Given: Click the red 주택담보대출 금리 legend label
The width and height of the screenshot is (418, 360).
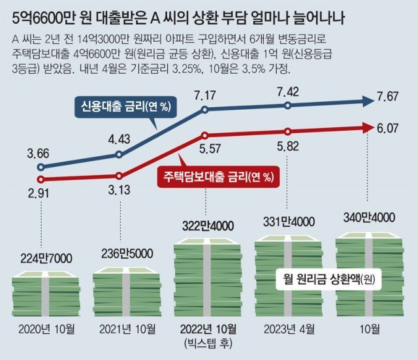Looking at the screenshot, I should pos(217,176).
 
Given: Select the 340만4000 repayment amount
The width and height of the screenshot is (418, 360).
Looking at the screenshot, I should pos(370,217).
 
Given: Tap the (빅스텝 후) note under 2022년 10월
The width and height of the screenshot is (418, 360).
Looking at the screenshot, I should pos(208,343).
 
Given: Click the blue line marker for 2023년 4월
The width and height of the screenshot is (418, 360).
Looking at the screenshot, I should pos(289,106).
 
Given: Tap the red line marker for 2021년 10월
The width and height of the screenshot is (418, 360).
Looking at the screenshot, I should pos(120,176).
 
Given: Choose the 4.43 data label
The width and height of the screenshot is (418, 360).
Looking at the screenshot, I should pos(120,139).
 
